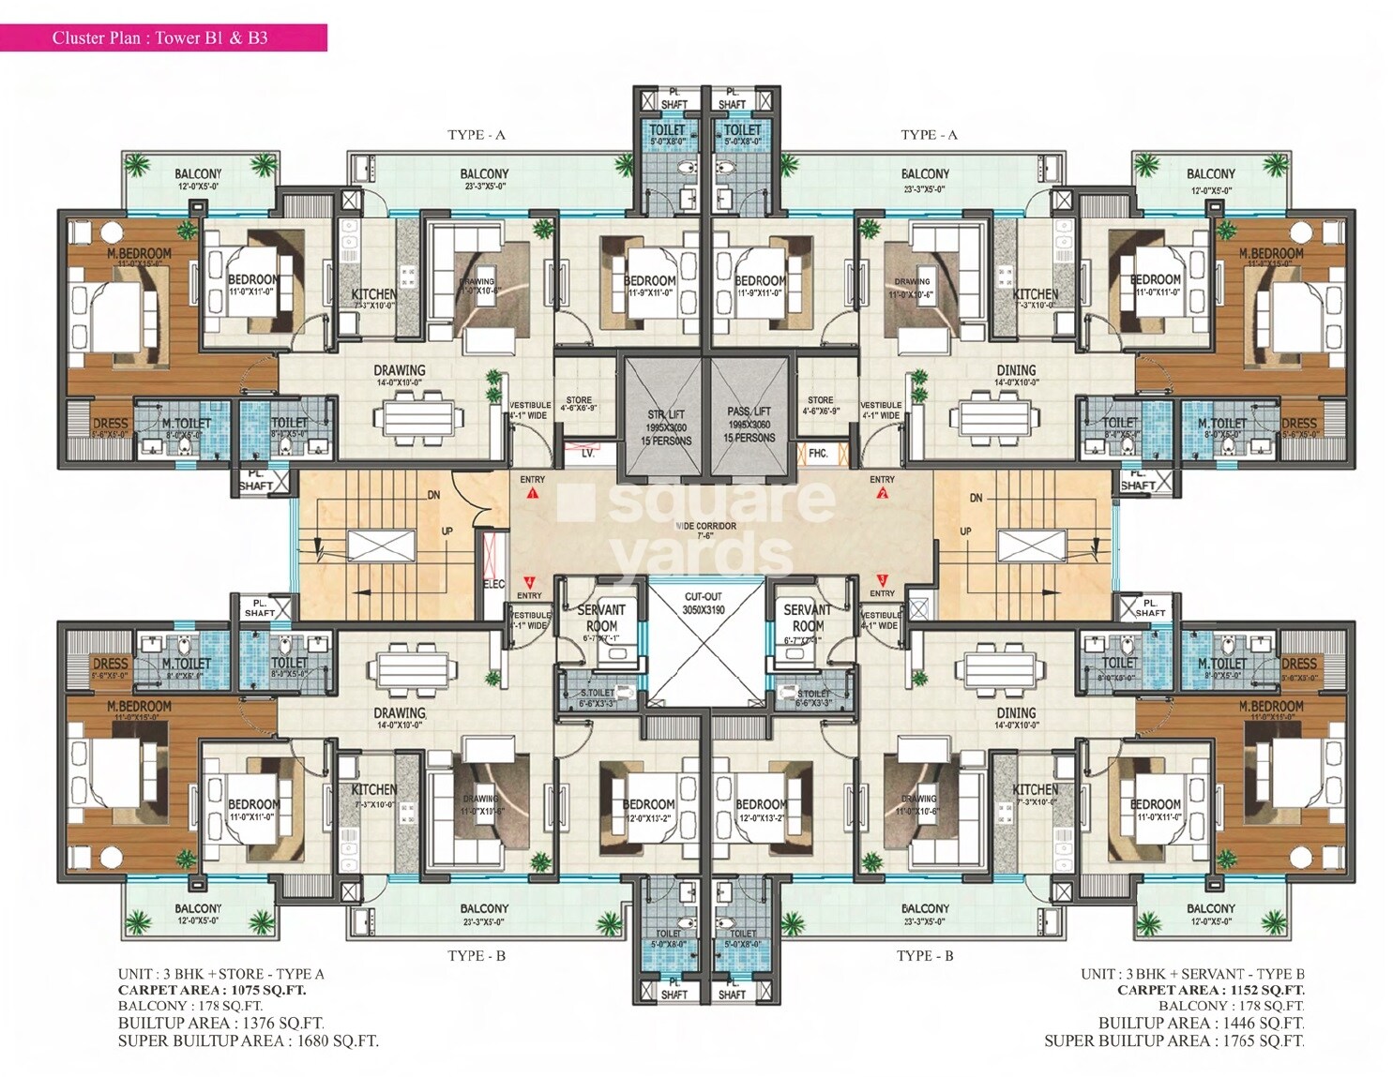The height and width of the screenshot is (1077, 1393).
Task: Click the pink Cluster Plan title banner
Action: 163,37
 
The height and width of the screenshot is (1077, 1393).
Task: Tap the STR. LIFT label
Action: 666,414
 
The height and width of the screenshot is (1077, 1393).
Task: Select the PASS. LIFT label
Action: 749,411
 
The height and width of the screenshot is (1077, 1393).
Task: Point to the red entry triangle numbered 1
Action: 533,491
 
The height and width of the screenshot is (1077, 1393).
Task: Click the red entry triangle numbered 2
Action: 882,491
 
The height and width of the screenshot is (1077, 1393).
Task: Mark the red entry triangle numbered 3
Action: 882,580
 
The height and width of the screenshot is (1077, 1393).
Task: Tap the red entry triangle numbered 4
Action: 530,581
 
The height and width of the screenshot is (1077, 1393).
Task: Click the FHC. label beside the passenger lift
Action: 818,454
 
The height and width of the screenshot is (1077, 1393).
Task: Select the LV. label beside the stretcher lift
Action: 588,454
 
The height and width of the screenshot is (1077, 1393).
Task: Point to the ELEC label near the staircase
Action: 493,584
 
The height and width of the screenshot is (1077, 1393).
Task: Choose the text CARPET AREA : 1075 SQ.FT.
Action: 212,990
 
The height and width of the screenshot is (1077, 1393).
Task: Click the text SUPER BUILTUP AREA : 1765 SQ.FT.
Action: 1173,1040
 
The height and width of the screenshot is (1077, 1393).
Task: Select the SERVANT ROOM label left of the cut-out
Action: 601,618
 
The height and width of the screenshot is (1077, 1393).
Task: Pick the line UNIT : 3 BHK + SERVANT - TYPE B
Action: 1192,974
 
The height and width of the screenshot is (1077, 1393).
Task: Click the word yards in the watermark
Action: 702,555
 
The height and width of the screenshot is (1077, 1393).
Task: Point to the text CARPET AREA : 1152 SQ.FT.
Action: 1210,990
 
